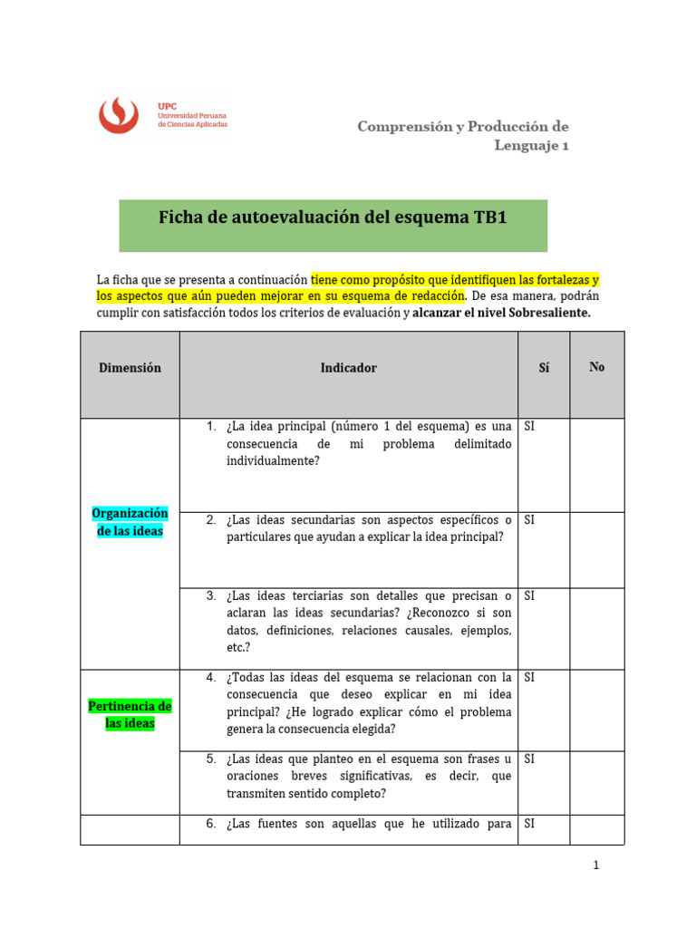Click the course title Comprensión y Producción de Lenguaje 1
click(463, 135)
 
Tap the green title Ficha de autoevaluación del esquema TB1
click(333, 217)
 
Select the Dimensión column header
click(130, 368)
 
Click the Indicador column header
click(348, 368)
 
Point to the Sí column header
click(543, 368)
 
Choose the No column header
click(596, 367)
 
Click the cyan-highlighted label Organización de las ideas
click(130, 522)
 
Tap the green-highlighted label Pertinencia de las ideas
click(130, 714)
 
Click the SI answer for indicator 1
click(530, 426)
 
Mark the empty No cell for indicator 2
click(596, 549)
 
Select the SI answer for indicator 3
click(530, 596)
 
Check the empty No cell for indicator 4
click(596, 710)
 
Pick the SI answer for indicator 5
click(530, 759)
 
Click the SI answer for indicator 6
click(530, 824)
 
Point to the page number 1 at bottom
click(596, 865)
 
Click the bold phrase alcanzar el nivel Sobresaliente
click(501, 314)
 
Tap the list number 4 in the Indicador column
click(210, 678)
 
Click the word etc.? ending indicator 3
click(237, 647)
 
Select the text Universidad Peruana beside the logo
click(192, 116)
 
